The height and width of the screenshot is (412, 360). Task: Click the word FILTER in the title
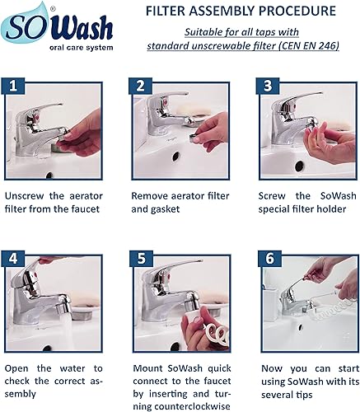pyautogui.click(x=170, y=12)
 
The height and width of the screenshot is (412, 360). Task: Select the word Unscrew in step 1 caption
pyautogui.click(x=27, y=197)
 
